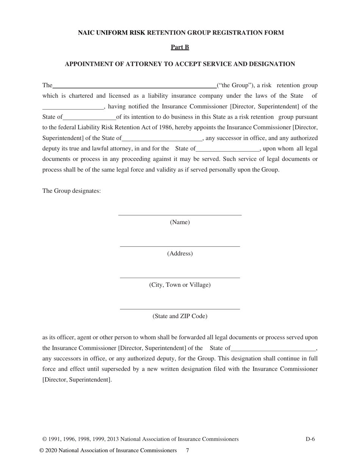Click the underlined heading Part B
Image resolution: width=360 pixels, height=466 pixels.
coord(180,47)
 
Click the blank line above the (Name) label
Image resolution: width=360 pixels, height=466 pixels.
coord(180,214)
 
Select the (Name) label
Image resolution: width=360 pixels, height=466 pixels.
coord(180,222)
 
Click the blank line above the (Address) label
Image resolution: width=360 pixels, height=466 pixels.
coord(180,246)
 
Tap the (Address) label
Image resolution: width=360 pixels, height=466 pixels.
coord(180,254)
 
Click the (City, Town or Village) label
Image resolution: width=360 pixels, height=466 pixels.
coord(180,285)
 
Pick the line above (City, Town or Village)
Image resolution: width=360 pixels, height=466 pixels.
coord(180,277)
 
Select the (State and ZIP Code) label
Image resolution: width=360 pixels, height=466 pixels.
coord(180,316)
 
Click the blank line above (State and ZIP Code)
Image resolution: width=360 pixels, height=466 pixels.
coord(180,309)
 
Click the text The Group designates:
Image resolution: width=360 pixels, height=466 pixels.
coord(72,191)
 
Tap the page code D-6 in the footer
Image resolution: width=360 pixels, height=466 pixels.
coord(310,439)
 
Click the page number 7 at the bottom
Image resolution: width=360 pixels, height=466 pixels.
coord(187,450)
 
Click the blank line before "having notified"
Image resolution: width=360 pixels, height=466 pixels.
coord(72,108)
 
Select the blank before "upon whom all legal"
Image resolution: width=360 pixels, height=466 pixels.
coord(228,150)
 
